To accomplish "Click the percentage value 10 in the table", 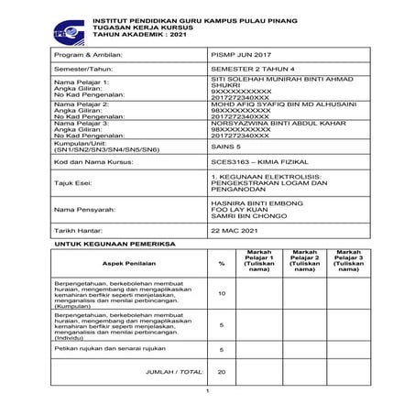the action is (222, 293).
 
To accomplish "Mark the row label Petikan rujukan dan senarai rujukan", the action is (92, 349).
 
